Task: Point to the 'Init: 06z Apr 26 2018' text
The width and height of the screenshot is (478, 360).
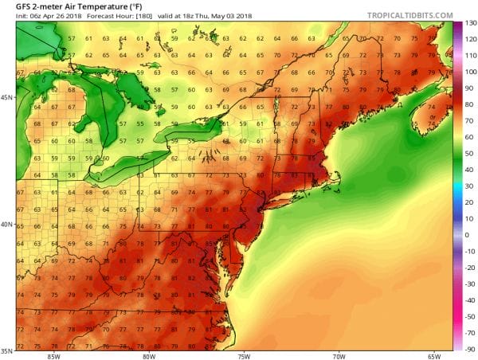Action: point(45,18)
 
